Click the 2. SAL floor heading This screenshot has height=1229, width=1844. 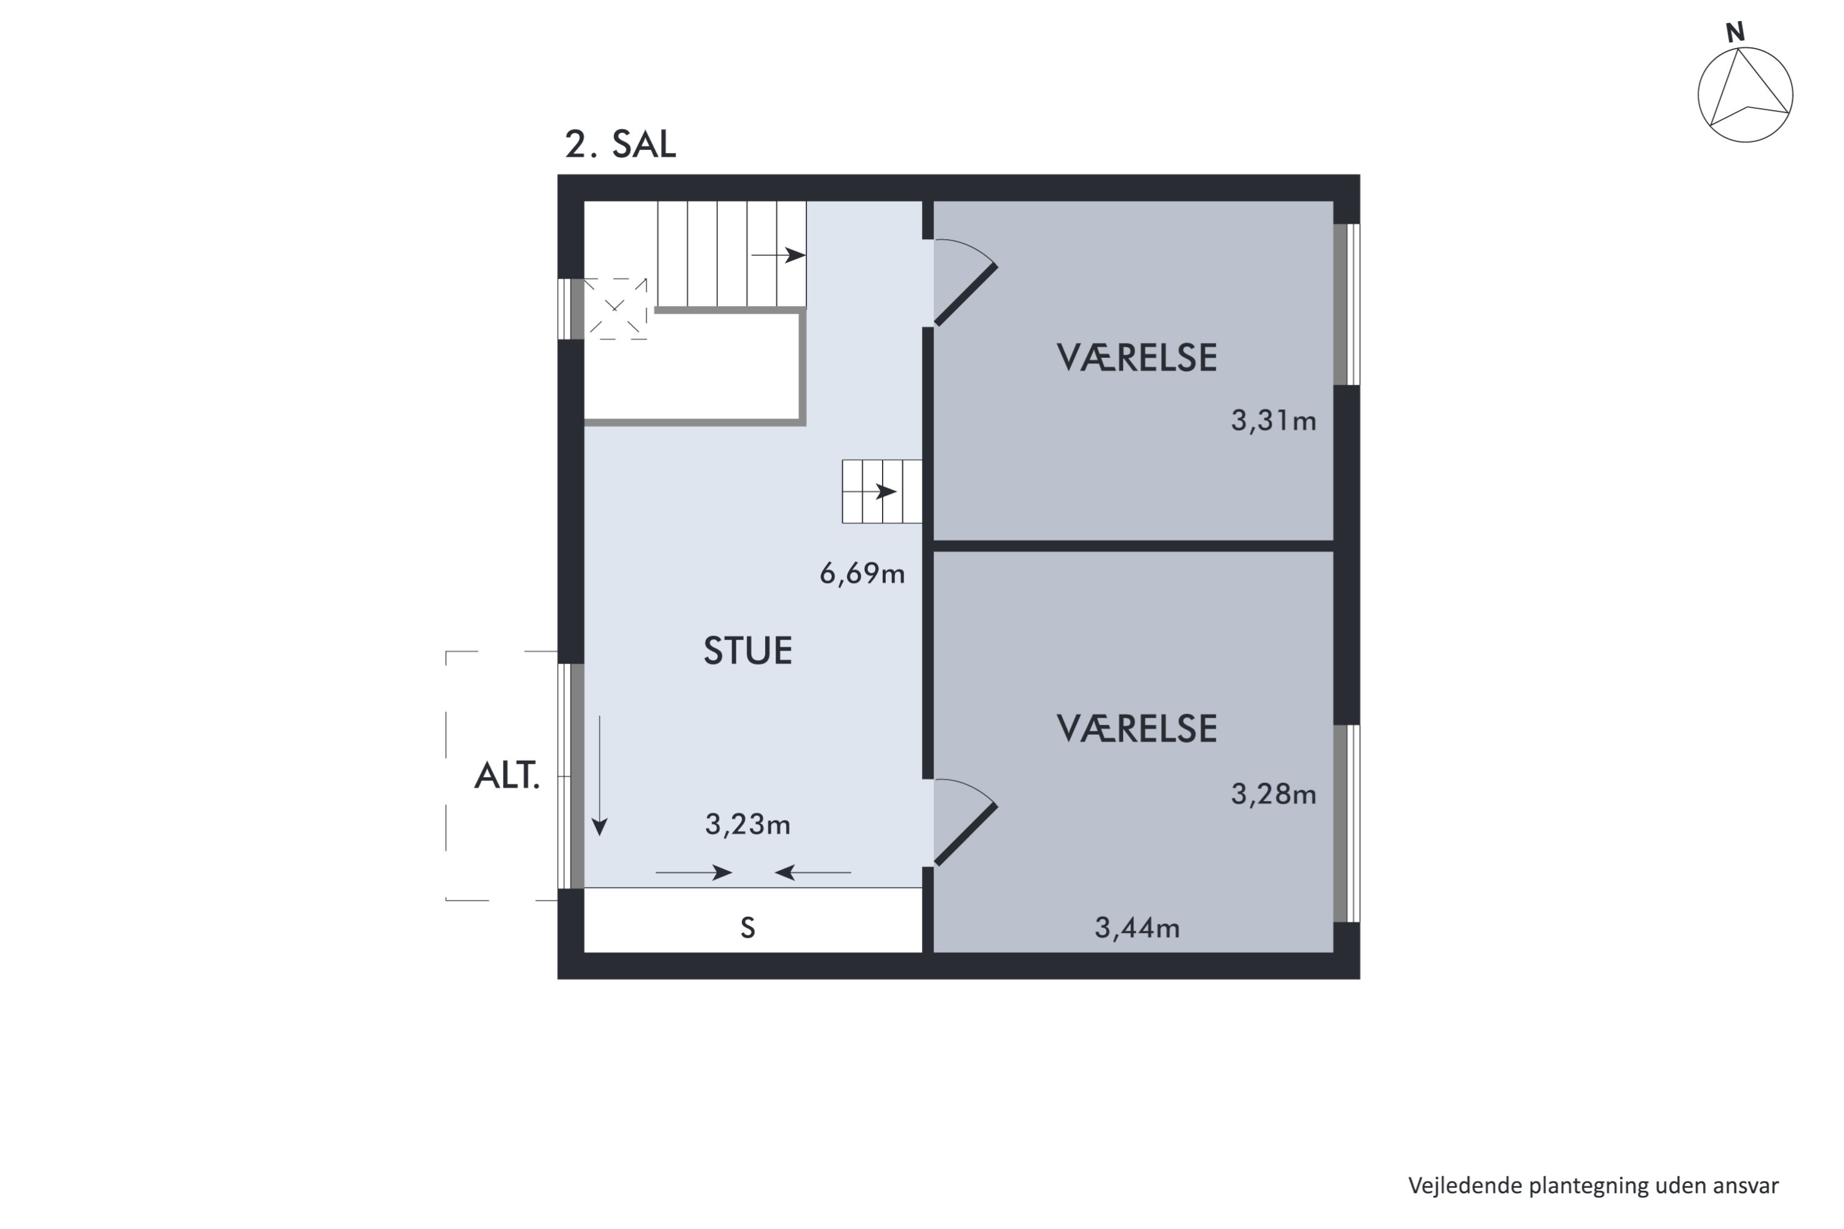(620, 145)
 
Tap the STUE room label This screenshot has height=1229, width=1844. (747, 651)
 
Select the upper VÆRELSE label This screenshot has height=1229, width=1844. (1136, 358)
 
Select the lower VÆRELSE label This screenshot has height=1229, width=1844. (1136, 729)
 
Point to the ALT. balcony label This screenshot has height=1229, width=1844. (506, 777)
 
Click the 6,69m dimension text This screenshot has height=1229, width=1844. (862, 575)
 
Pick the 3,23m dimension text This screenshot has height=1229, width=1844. (747, 825)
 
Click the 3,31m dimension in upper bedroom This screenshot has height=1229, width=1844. (1272, 422)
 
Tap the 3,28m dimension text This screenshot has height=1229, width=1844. (1272, 795)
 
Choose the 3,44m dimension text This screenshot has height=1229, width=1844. (1136, 928)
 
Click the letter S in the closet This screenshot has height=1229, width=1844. (747, 928)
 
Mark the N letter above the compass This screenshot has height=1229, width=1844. (1735, 33)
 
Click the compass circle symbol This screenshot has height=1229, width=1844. (1745, 95)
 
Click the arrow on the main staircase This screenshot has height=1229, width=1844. (779, 256)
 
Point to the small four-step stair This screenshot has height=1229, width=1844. (881, 492)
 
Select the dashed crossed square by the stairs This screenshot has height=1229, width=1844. (615, 309)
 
